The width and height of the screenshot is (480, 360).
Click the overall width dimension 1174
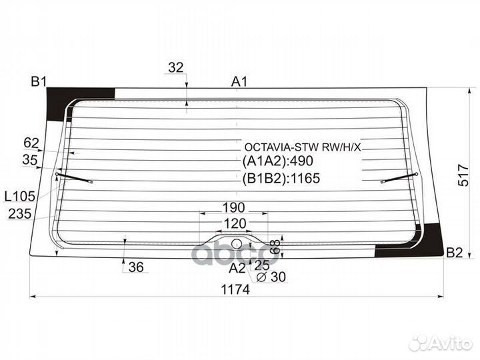[x=235, y=289]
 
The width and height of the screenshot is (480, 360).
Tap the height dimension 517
[x=463, y=175]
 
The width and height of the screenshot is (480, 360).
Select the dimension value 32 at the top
[x=176, y=67]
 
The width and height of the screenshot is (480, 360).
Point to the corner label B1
[x=39, y=82]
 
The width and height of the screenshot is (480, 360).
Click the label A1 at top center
[x=239, y=82]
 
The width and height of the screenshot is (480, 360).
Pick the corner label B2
[x=454, y=253]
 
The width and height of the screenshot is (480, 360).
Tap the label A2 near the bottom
[x=237, y=268]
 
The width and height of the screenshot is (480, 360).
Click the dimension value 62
[x=31, y=143]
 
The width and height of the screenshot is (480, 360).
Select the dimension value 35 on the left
[x=30, y=160]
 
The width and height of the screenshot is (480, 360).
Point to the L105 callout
[x=20, y=196]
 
